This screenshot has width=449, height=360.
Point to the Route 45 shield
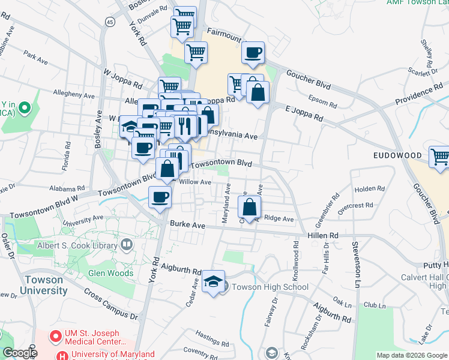click(x=109, y=21)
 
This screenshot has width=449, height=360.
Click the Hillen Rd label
click(x=324, y=236)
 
